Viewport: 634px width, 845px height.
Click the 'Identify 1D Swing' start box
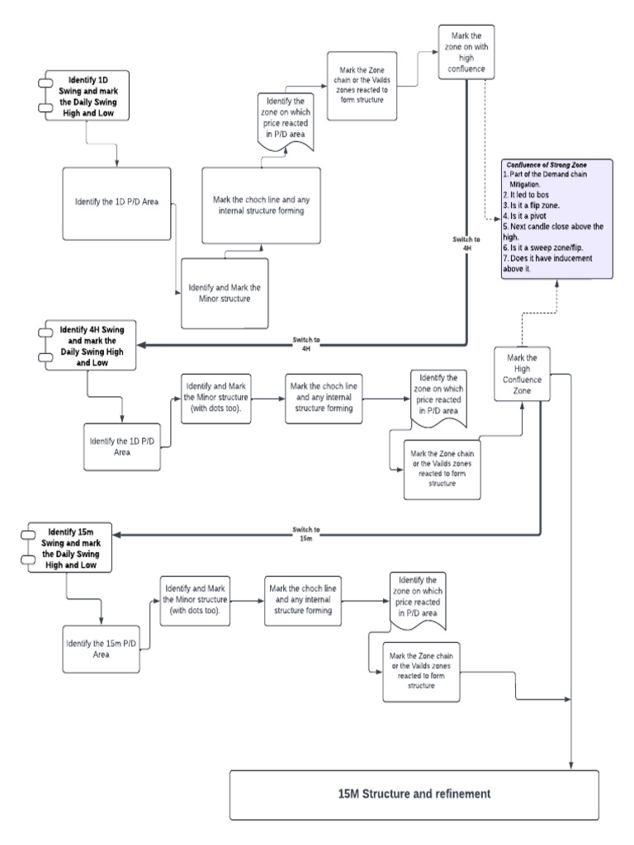click(x=87, y=97)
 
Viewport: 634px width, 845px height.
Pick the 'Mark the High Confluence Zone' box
click(x=521, y=374)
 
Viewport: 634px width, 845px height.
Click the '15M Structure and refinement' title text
click(x=414, y=794)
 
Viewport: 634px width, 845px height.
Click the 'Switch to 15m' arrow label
click(x=306, y=533)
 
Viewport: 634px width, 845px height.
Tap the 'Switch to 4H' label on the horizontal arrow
click(x=306, y=344)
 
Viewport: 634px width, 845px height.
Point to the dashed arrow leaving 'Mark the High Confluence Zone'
click(x=521, y=330)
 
